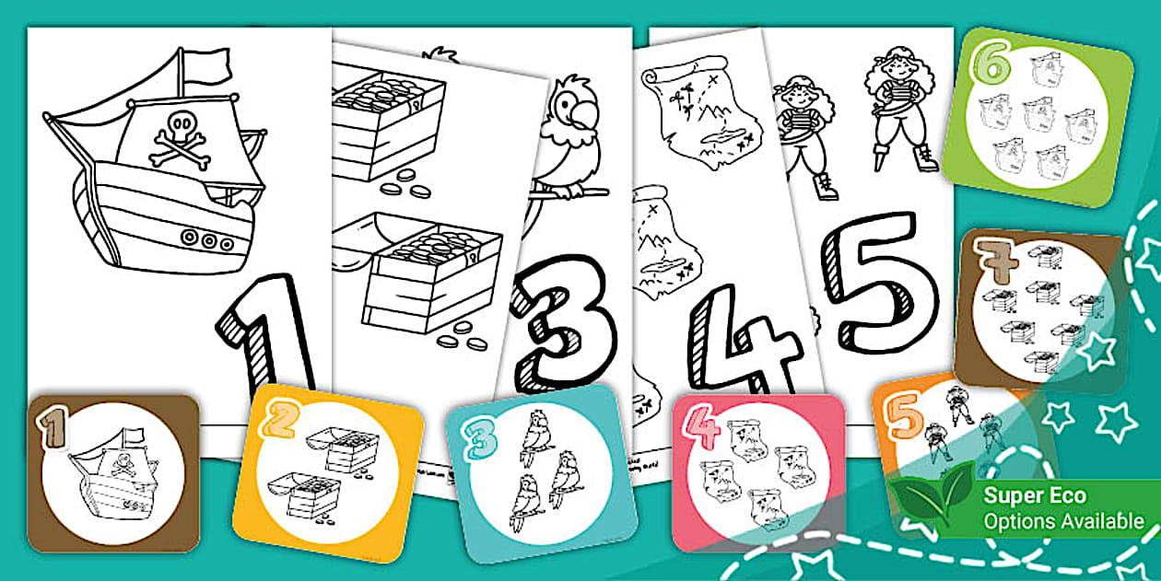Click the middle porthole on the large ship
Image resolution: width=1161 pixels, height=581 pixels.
210,242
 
